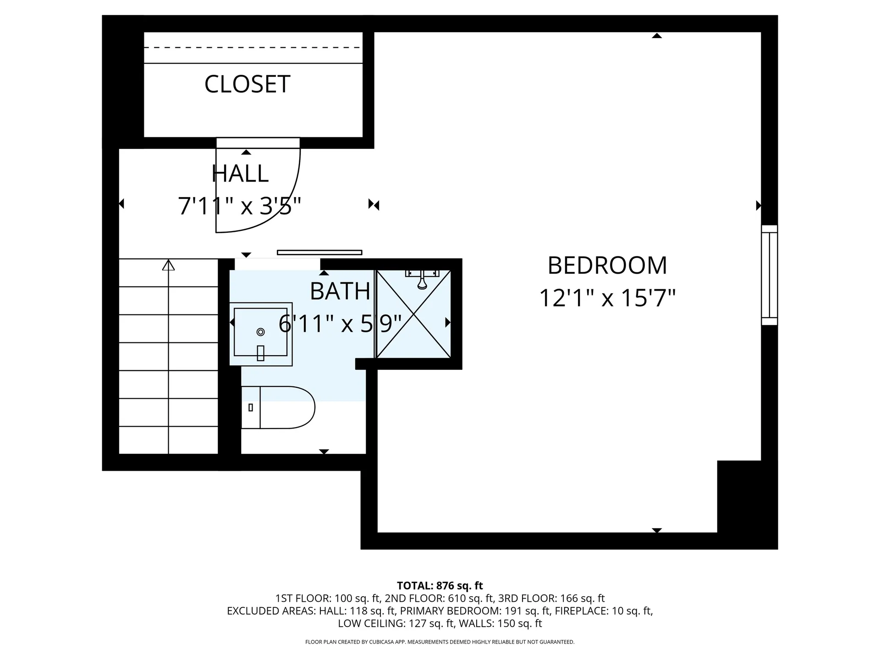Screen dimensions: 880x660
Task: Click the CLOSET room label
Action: pyautogui.click(x=247, y=84)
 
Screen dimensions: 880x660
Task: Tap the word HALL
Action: pyautogui.click(x=240, y=173)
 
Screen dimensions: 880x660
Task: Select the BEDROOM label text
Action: pyautogui.click(x=607, y=265)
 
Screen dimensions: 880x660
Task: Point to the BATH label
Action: pyautogui.click(x=340, y=291)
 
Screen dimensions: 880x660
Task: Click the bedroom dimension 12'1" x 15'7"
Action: pyautogui.click(x=607, y=298)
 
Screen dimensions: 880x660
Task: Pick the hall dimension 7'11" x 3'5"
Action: pyautogui.click(x=240, y=206)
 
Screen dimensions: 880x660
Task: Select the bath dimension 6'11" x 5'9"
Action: pyautogui.click(x=340, y=324)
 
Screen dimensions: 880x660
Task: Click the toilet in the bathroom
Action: pyautogui.click(x=278, y=407)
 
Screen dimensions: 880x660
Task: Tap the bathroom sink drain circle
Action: pyautogui.click(x=261, y=332)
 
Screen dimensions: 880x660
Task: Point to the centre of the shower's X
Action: pyautogui.click(x=414, y=314)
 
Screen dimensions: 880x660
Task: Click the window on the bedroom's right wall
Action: pyautogui.click(x=770, y=275)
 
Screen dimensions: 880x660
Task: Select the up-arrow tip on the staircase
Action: pyautogui.click(x=169, y=260)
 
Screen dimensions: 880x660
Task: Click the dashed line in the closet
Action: pyautogui.click(x=253, y=48)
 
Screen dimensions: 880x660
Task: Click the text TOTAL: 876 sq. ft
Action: pyautogui.click(x=440, y=586)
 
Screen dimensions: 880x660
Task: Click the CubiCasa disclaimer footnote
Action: pyautogui.click(x=440, y=642)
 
